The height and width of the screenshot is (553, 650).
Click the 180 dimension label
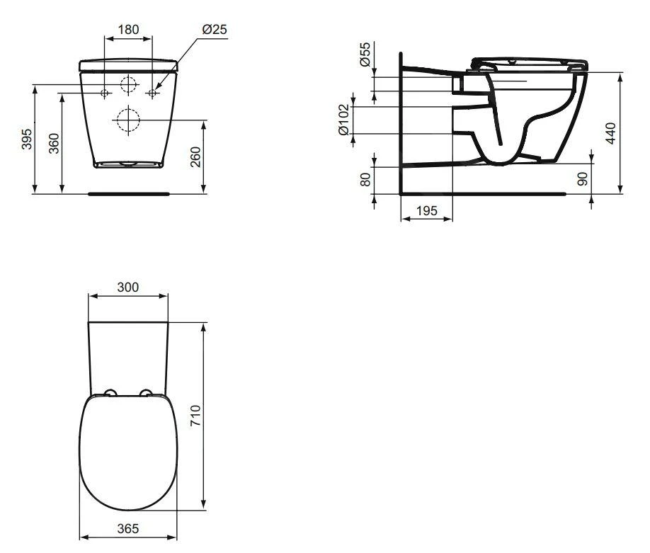[128, 30]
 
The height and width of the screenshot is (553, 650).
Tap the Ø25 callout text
[215, 30]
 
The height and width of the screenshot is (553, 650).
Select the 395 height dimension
[26, 139]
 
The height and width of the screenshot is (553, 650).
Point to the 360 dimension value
[54, 144]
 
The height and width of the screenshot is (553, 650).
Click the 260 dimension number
[195, 156]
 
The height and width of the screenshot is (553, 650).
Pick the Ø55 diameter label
[365, 55]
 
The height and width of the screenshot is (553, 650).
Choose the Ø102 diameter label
[344, 120]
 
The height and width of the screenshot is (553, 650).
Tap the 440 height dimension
[610, 133]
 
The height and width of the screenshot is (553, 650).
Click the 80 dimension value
[365, 180]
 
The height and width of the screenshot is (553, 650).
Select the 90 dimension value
[583, 178]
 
